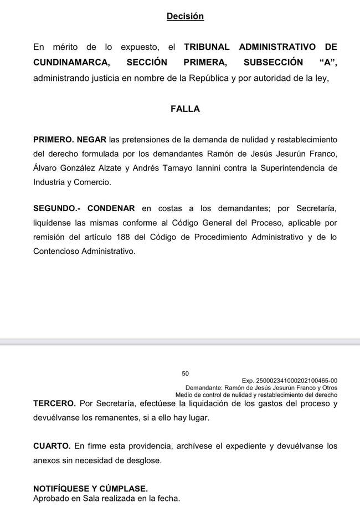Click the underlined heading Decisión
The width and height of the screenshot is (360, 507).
tap(185, 17)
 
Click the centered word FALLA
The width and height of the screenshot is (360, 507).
tap(185, 109)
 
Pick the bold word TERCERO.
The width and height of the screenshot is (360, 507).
tap(54, 404)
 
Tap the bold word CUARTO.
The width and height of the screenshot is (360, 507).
tap(52, 446)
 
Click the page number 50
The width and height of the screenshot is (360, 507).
tap(185, 374)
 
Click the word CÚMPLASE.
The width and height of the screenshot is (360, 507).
tap(121, 489)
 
